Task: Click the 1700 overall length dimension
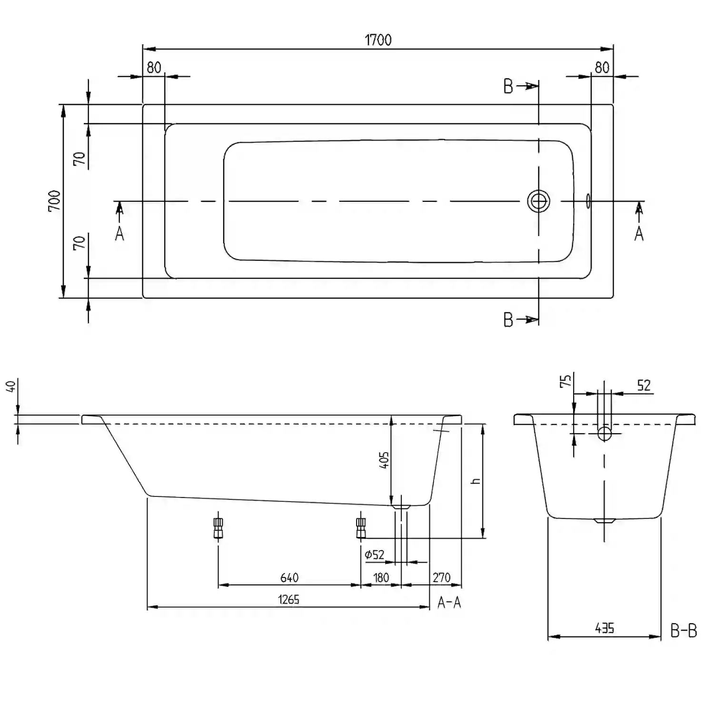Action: point(378,40)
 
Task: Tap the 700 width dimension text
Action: point(54,201)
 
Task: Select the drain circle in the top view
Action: point(538,201)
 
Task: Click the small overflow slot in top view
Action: point(588,201)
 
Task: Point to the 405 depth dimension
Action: point(384,460)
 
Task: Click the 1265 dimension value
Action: point(289,599)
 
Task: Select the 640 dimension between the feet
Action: point(289,577)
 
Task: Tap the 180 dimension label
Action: point(381,577)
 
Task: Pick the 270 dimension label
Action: point(441,577)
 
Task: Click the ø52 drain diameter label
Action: point(374,555)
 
